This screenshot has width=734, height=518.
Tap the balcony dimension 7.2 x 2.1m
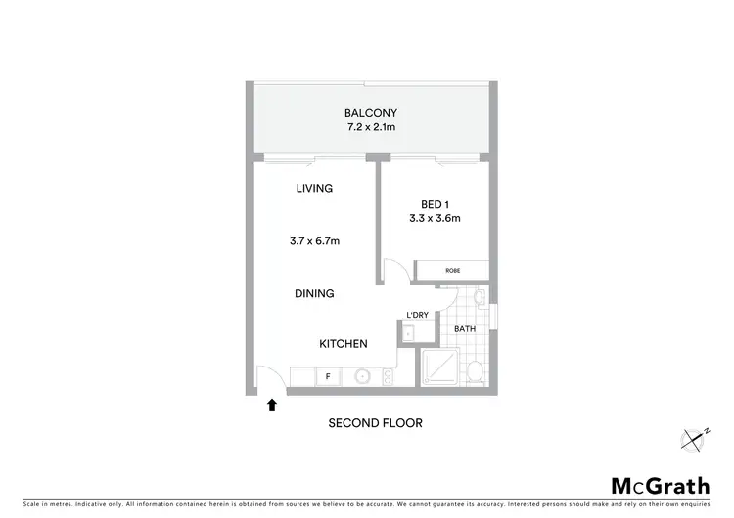pos(370,128)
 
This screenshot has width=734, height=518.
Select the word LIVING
pos(314,189)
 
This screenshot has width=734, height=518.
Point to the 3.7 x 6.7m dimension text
pos(314,240)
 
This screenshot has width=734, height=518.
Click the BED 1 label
pos(433,203)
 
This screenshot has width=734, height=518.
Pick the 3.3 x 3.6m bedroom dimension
pos(433,219)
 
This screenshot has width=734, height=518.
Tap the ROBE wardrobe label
pos(452,270)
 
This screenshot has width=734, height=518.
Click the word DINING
pos(314,293)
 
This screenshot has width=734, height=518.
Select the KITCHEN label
pos(343,344)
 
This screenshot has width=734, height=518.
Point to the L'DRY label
pos(418,315)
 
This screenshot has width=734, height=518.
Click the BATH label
pos(465,329)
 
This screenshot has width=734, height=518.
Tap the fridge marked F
pos(328,374)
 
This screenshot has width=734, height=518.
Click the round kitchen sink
pos(361,374)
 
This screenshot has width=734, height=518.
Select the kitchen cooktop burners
pos(389,374)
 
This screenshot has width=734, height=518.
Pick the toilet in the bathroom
pos(474,370)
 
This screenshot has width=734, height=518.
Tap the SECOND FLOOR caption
pos(375,423)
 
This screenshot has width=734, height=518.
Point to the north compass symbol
pos(696,439)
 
